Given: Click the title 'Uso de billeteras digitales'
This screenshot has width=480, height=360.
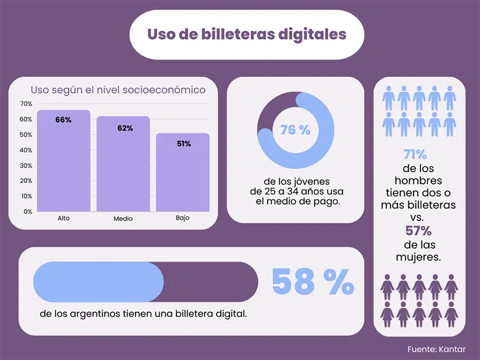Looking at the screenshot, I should [x=247, y=34].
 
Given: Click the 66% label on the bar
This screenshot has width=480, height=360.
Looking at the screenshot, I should [x=63, y=120].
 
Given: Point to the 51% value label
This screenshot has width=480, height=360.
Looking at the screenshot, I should [x=184, y=144].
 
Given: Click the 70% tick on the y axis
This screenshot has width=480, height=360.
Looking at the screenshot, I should [x=27, y=104].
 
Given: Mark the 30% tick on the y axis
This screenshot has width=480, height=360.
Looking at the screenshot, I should [x=27, y=166].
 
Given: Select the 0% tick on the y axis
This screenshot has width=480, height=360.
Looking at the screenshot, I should [x=28, y=212].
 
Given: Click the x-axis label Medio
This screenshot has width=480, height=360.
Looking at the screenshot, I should [x=123, y=219].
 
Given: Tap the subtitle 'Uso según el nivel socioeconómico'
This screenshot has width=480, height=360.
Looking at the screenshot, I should [x=118, y=90].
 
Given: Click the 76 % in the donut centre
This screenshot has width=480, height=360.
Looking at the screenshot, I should [x=295, y=130].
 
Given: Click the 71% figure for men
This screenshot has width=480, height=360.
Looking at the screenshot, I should [x=415, y=155].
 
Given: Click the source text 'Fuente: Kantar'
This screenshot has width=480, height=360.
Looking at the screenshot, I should [x=436, y=349].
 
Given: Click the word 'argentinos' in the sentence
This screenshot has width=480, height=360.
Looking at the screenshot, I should [x=101, y=314].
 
